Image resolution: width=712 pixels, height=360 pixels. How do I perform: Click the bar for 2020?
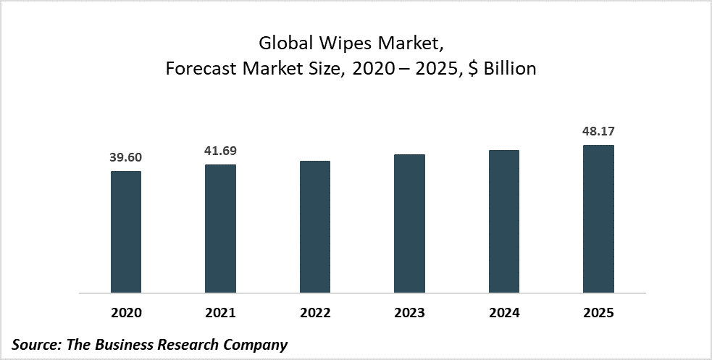(x=125, y=232)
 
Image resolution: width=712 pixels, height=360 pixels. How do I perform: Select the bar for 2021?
(x=220, y=229)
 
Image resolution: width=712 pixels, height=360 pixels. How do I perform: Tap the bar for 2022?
(x=314, y=227)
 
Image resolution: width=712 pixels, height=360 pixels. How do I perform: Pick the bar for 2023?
(x=409, y=224)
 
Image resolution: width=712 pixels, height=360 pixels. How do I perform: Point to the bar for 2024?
(x=504, y=222)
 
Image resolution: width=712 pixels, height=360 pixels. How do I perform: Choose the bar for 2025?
(x=598, y=219)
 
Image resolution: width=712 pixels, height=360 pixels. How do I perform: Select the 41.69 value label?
(x=220, y=151)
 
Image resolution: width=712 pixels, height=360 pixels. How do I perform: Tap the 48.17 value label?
(x=598, y=132)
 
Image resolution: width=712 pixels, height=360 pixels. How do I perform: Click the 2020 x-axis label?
(x=125, y=314)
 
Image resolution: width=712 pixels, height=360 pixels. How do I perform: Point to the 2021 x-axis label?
(x=220, y=314)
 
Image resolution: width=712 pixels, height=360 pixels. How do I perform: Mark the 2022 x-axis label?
(x=314, y=314)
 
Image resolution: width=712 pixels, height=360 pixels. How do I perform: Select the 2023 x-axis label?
(x=409, y=314)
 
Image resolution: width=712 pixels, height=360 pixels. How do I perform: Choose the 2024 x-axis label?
(x=504, y=314)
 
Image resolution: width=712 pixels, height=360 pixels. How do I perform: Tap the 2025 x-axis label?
(x=598, y=314)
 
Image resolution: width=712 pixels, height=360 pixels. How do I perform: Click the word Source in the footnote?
(x=35, y=345)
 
